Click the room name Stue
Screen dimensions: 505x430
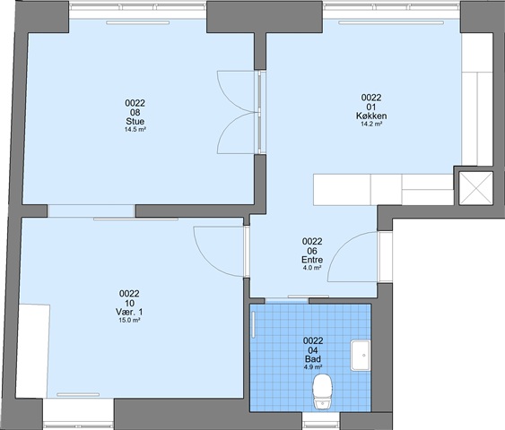[x=135, y=122]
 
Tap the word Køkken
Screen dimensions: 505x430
[x=371, y=116]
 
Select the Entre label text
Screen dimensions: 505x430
[x=312, y=260]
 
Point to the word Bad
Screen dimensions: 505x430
[x=313, y=359]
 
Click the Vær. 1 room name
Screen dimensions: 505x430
[x=129, y=312]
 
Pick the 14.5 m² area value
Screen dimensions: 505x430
[x=135, y=130]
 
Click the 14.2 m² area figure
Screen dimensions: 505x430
[x=371, y=124]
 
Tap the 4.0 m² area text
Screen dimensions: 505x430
[x=312, y=268]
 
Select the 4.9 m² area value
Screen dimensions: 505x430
[x=313, y=367]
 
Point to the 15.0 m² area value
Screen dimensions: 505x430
[x=129, y=320]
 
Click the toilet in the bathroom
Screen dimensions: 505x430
[x=323, y=391]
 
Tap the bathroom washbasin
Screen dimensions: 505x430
[x=361, y=356]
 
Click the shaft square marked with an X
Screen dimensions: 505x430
[x=475, y=188]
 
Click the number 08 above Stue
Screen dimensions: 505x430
[x=135, y=112]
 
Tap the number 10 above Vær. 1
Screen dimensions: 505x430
[x=129, y=303]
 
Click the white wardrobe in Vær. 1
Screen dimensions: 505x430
[x=33, y=351]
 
